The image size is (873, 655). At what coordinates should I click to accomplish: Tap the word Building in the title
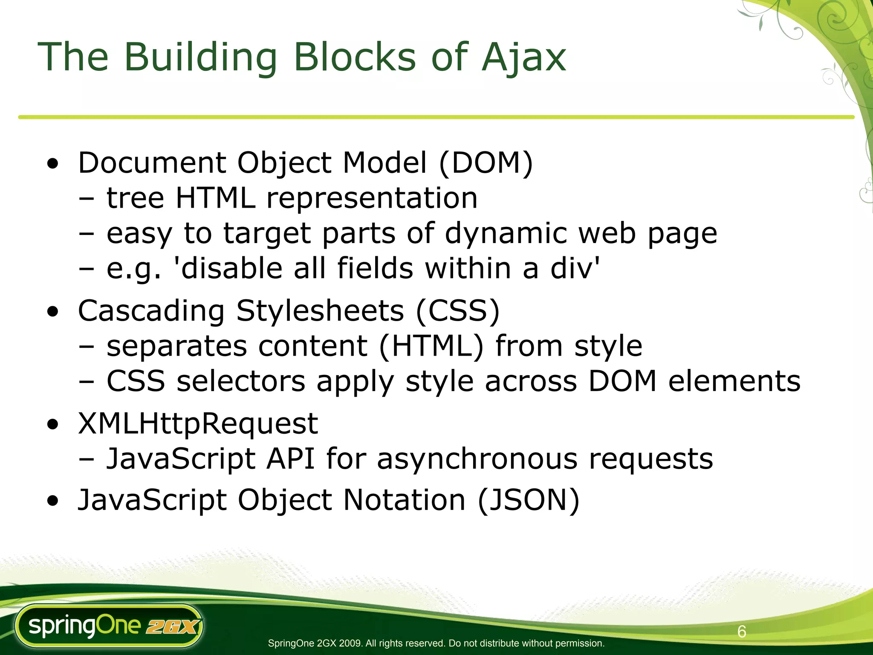[200, 58]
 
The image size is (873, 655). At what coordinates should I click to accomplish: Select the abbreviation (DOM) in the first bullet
[486, 163]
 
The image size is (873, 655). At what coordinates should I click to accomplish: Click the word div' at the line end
[575, 269]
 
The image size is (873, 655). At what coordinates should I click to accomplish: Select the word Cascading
[151, 311]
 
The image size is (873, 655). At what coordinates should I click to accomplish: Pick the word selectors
[241, 381]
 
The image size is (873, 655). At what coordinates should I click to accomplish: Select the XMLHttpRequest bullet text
[198, 424]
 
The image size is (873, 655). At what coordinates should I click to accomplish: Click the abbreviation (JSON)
[529, 500]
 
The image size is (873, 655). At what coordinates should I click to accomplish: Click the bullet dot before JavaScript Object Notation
[53, 501]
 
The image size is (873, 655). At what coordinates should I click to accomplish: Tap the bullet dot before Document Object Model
[53, 164]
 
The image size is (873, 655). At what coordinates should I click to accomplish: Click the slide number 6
[742, 632]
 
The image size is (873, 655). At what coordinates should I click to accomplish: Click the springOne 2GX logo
[109, 626]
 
